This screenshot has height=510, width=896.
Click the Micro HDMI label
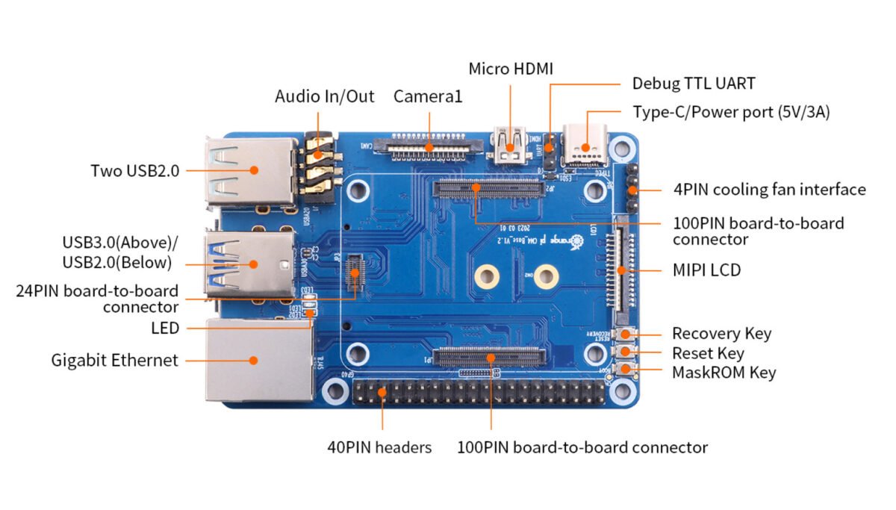511,69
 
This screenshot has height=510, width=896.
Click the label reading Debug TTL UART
693,84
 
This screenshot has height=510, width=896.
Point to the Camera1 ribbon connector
429,146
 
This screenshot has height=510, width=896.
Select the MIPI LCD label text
706,270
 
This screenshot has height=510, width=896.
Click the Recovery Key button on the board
624,334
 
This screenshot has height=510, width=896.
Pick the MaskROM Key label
724,372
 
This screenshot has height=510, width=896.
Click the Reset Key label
708,352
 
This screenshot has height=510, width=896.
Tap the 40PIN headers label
379,448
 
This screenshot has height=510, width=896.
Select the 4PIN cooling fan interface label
769,190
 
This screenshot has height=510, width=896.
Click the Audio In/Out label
324,96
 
